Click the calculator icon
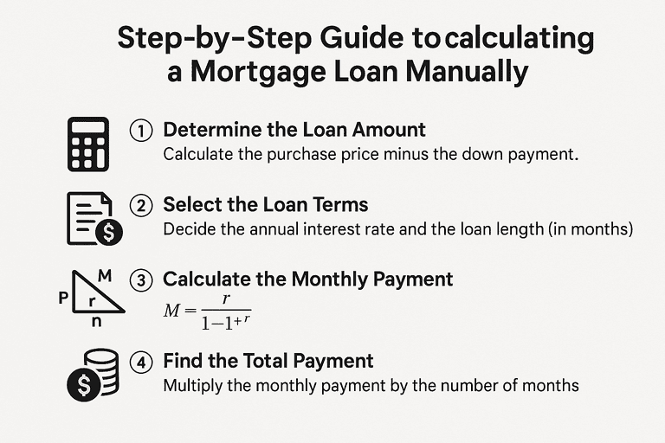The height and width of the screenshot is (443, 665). click(88, 144)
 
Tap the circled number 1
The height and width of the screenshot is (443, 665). click(141, 131)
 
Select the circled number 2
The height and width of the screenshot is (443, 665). click(141, 206)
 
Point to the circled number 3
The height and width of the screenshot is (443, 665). click(141, 281)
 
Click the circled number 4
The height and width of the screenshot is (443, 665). click(141, 363)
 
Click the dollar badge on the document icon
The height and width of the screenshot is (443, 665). click(109, 232)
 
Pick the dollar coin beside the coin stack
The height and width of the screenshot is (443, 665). click(84, 385)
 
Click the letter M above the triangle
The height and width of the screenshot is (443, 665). click(105, 275)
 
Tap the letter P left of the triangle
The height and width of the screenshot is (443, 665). click(63, 298)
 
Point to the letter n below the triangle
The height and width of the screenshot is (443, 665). click(97, 322)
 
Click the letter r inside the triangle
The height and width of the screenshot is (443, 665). click(91, 302)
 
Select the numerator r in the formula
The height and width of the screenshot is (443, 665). click(226, 299)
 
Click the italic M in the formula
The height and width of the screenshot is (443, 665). click(171, 311)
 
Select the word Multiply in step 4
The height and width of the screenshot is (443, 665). click(193, 386)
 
